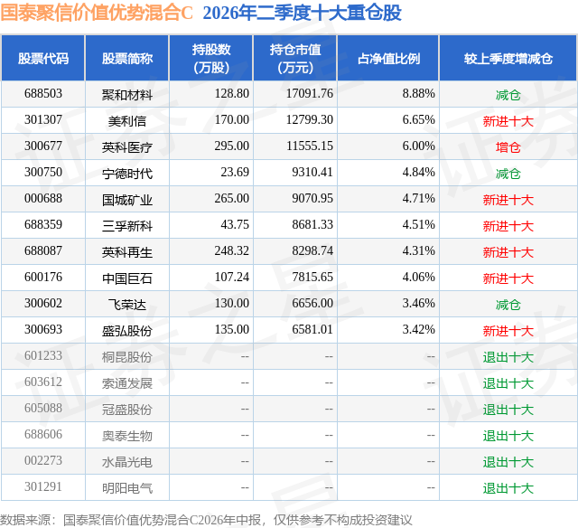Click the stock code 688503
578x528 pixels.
pos(43,94)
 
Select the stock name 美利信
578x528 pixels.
pos(127,120)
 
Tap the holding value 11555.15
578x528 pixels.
pos(310,146)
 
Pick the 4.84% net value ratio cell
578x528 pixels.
pos(418,173)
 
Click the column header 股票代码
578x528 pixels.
pos(43,58)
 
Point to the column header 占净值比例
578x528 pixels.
pos(388,58)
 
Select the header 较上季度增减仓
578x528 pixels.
pos(508,58)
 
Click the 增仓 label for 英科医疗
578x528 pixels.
pos(508,147)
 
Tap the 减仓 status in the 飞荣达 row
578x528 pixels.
pos(508,305)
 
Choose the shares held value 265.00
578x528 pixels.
pos(232,199)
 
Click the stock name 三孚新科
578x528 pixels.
pos(127,226)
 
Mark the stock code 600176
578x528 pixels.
pos(43,277)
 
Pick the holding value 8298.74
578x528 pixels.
pos(312,251)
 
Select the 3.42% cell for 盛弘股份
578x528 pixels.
pos(418,329)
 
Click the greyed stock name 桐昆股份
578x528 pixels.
pos(127,357)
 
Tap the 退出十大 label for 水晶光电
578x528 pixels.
pos(508,462)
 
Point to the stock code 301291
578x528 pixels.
pos(43,486)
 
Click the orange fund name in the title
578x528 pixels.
pos(97,13)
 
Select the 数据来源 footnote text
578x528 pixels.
pos(206,520)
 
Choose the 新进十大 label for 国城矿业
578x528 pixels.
pos(508,200)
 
